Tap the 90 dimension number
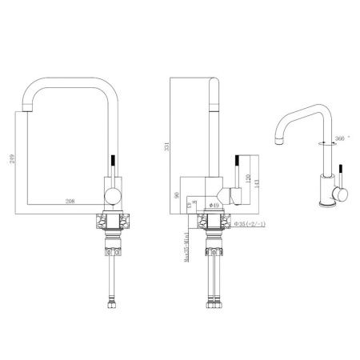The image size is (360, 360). [176, 193]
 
